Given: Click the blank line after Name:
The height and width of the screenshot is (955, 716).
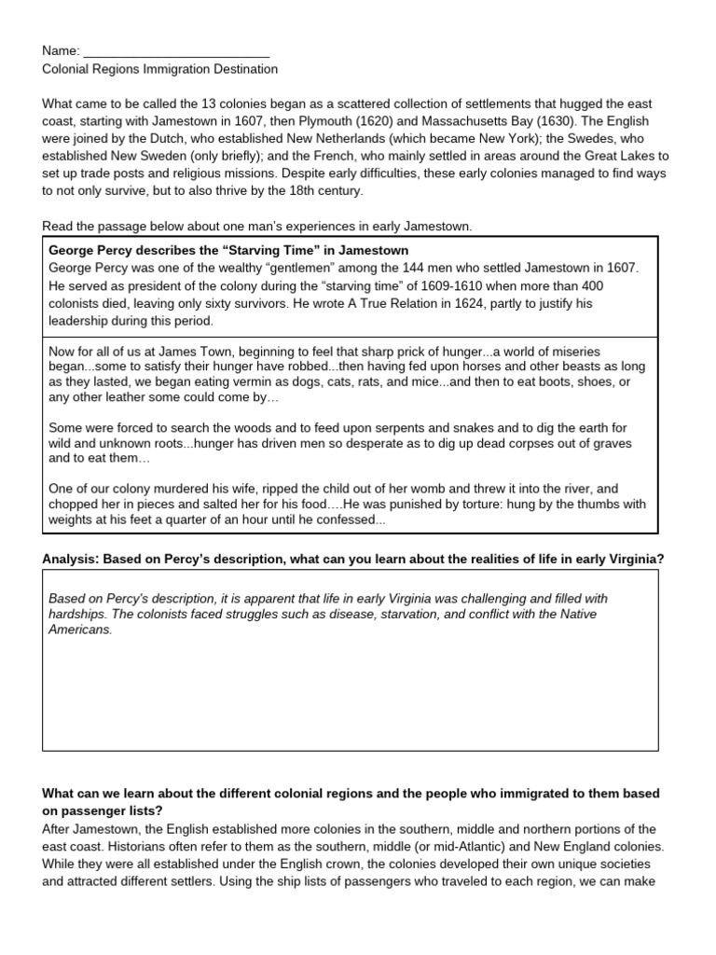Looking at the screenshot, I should coord(176,51).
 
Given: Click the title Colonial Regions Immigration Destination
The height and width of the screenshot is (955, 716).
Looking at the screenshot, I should coord(159,69).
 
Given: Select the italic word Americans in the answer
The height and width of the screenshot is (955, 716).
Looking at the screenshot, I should coord(80,630).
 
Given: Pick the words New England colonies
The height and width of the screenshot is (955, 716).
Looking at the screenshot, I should coord(612,847).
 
